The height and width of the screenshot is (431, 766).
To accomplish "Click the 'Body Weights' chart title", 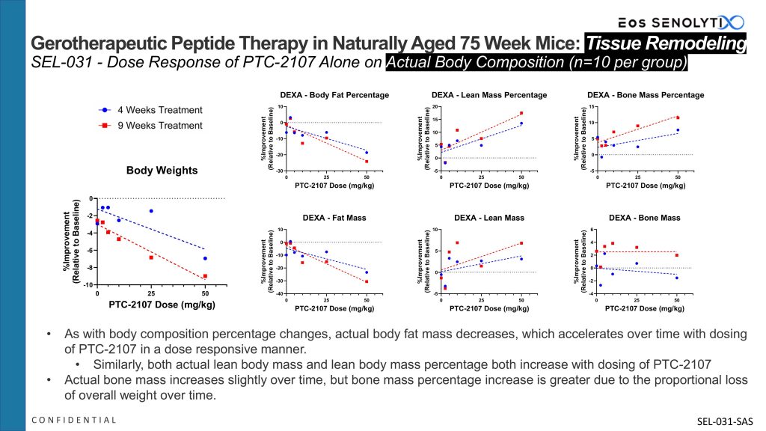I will click(162, 171).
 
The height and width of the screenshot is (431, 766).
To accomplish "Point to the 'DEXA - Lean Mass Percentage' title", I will click(489, 95).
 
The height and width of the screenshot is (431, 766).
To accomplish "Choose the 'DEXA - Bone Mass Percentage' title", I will click(646, 95).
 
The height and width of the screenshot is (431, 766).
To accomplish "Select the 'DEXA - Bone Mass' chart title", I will click(645, 218).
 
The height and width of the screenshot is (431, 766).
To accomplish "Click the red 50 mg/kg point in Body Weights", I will click(205, 276).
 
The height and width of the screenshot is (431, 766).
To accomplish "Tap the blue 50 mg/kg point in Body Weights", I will click(205, 258).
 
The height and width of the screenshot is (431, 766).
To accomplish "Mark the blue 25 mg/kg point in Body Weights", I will click(151, 211).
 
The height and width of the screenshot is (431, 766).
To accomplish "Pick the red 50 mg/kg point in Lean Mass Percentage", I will click(521, 114).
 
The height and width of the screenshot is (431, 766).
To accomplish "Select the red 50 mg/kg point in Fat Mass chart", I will click(367, 281).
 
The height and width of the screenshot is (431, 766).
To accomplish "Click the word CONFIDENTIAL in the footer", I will click(74, 420).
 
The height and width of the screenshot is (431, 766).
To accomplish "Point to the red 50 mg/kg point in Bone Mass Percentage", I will click(678, 117).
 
